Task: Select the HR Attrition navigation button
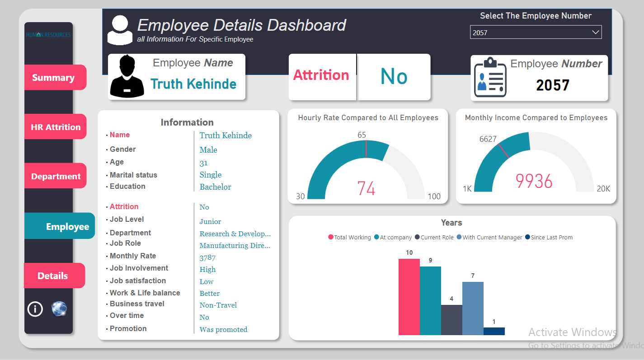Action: [x=55, y=127]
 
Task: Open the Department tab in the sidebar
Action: [x=55, y=176]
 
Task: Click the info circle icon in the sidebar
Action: [x=35, y=309]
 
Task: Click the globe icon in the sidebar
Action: [x=59, y=309]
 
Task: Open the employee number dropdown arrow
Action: [x=596, y=33]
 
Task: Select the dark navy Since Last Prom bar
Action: [x=494, y=331]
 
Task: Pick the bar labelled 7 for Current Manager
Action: [x=473, y=308]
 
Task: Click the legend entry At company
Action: [x=393, y=238]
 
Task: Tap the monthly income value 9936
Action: [x=534, y=181]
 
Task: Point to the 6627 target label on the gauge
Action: [x=488, y=139]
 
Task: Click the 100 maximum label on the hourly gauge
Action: [x=434, y=196]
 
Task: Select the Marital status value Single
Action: [x=211, y=175]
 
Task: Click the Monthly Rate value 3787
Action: [x=207, y=257]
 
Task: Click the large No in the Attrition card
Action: [x=394, y=77]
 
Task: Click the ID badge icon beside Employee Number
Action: [x=490, y=77]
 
